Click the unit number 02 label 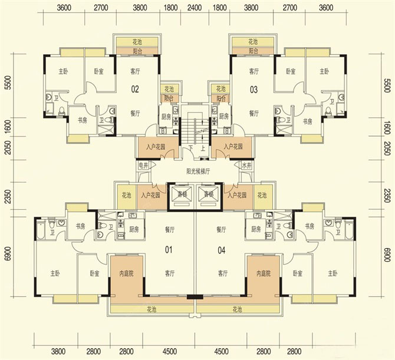coord(135,90)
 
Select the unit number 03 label coord(254,90)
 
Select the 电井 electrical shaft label coord(143,167)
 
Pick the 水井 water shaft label coord(246,167)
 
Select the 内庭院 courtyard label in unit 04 coord(263,274)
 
